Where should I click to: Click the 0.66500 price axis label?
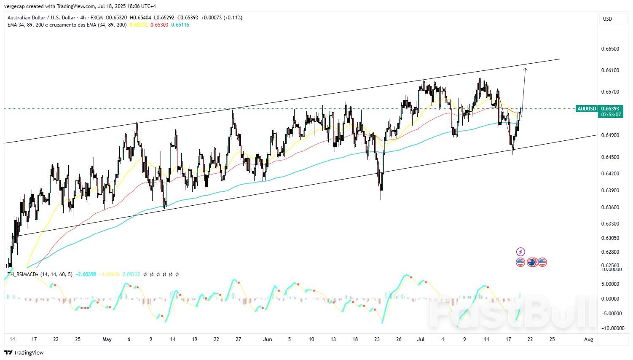tap(610, 49)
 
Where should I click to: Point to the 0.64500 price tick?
tap(610, 157)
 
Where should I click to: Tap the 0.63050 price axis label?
tap(610, 238)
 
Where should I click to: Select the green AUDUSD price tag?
tap(587, 109)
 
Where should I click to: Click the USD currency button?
tap(607, 19)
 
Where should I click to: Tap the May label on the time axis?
tap(107, 339)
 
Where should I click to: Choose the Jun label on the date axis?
tap(268, 339)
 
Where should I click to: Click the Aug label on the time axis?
tap(589, 339)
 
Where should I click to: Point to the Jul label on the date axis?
tap(421, 339)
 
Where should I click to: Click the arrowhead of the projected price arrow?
tap(525, 69)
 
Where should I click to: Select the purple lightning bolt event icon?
tap(520, 252)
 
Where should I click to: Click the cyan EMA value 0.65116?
tap(180, 25)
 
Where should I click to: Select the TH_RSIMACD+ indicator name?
tap(23, 274)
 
